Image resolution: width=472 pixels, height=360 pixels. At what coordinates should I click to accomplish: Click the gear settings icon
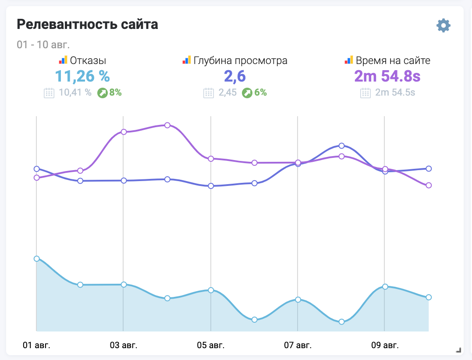[x=444, y=25]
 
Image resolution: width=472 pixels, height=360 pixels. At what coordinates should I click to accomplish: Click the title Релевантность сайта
[x=87, y=25]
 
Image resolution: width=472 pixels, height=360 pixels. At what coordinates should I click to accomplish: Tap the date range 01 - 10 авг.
[x=43, y=45]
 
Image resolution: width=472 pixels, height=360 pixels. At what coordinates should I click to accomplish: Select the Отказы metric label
[x=88, y=61]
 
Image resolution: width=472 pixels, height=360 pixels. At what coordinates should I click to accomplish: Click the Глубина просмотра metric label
[x=240, y=61]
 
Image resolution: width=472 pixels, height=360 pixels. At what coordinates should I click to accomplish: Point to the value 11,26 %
[x=82, y=76]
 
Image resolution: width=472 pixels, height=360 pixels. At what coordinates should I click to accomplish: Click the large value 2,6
[x=235, y=76]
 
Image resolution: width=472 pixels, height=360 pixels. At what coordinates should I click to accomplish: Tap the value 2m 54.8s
[x=387, y=76]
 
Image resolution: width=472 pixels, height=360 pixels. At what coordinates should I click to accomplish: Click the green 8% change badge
[x=110, y=93]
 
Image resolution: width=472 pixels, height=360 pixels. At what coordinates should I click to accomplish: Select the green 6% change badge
[x=254, y=93]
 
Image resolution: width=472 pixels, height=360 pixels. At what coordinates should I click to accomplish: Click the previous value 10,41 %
[x=75, y=93]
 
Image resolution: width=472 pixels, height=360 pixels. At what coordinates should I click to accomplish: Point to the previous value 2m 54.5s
[x=394, y=93]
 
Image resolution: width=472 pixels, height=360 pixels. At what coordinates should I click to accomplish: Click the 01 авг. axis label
[x=36, y=345]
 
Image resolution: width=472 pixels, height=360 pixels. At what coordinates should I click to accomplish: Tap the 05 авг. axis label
[x=211, y=345]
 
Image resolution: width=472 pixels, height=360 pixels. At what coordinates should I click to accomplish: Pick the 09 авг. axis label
[x=385, y=345]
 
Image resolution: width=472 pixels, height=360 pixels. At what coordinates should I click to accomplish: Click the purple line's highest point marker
[x=167, y=125]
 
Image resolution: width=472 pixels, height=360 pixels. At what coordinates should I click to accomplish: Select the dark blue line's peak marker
[x=341, y=146]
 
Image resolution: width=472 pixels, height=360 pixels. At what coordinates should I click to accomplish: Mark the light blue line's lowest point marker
[x=341, y=321]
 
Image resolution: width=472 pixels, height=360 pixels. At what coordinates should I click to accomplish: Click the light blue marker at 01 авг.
[x=36, y=259]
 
